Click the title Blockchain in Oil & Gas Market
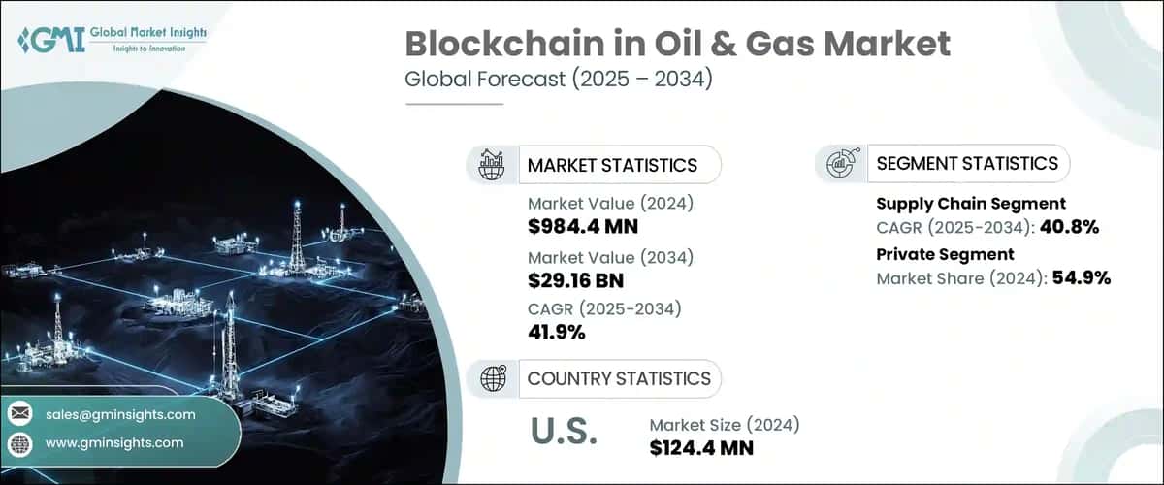(x=677, y=44)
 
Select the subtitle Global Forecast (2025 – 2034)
(x=559, y=79)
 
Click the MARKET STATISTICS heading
(x=612, y=165)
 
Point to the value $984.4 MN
(x=582, y=227)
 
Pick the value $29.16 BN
(x=575, y=280)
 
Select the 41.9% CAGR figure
(x=556, y=333)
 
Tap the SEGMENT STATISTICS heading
(x=967, y=164)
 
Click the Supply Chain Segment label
(x=971, y=203)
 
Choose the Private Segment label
(x=945, y=254)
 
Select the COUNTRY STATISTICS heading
(x=619, y=378)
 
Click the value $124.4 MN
(x=701, y=448)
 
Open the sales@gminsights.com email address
(x=120, y=414)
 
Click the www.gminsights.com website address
(x=113, y=442)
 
